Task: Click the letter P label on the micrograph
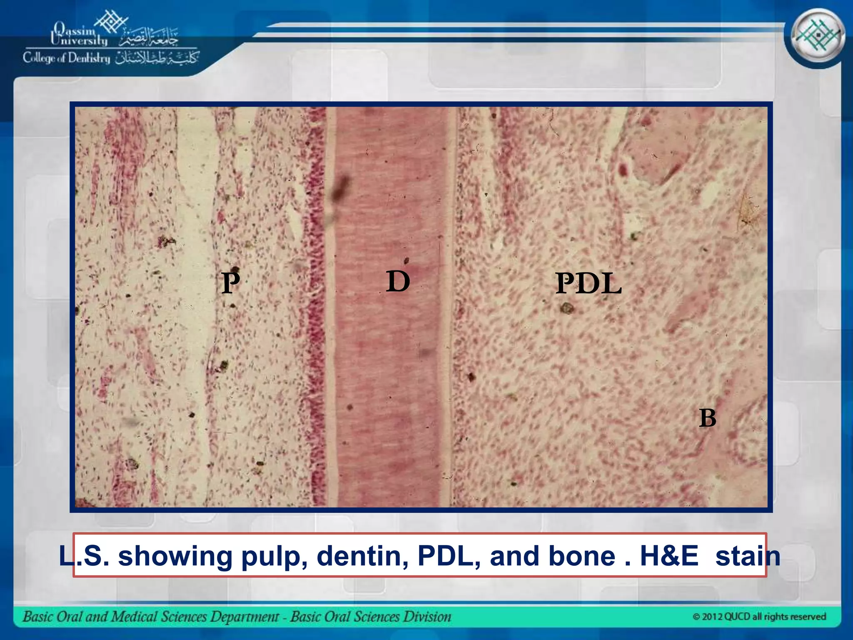coord(231,283)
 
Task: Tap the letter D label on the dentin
coord(398,281)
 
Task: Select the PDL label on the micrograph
coord(589,284)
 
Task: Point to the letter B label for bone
coord(707,418)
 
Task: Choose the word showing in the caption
coord(175,557)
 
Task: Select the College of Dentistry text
coord(67,58)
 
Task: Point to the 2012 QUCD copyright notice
coord(759,616)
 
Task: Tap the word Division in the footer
coord(431,617)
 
